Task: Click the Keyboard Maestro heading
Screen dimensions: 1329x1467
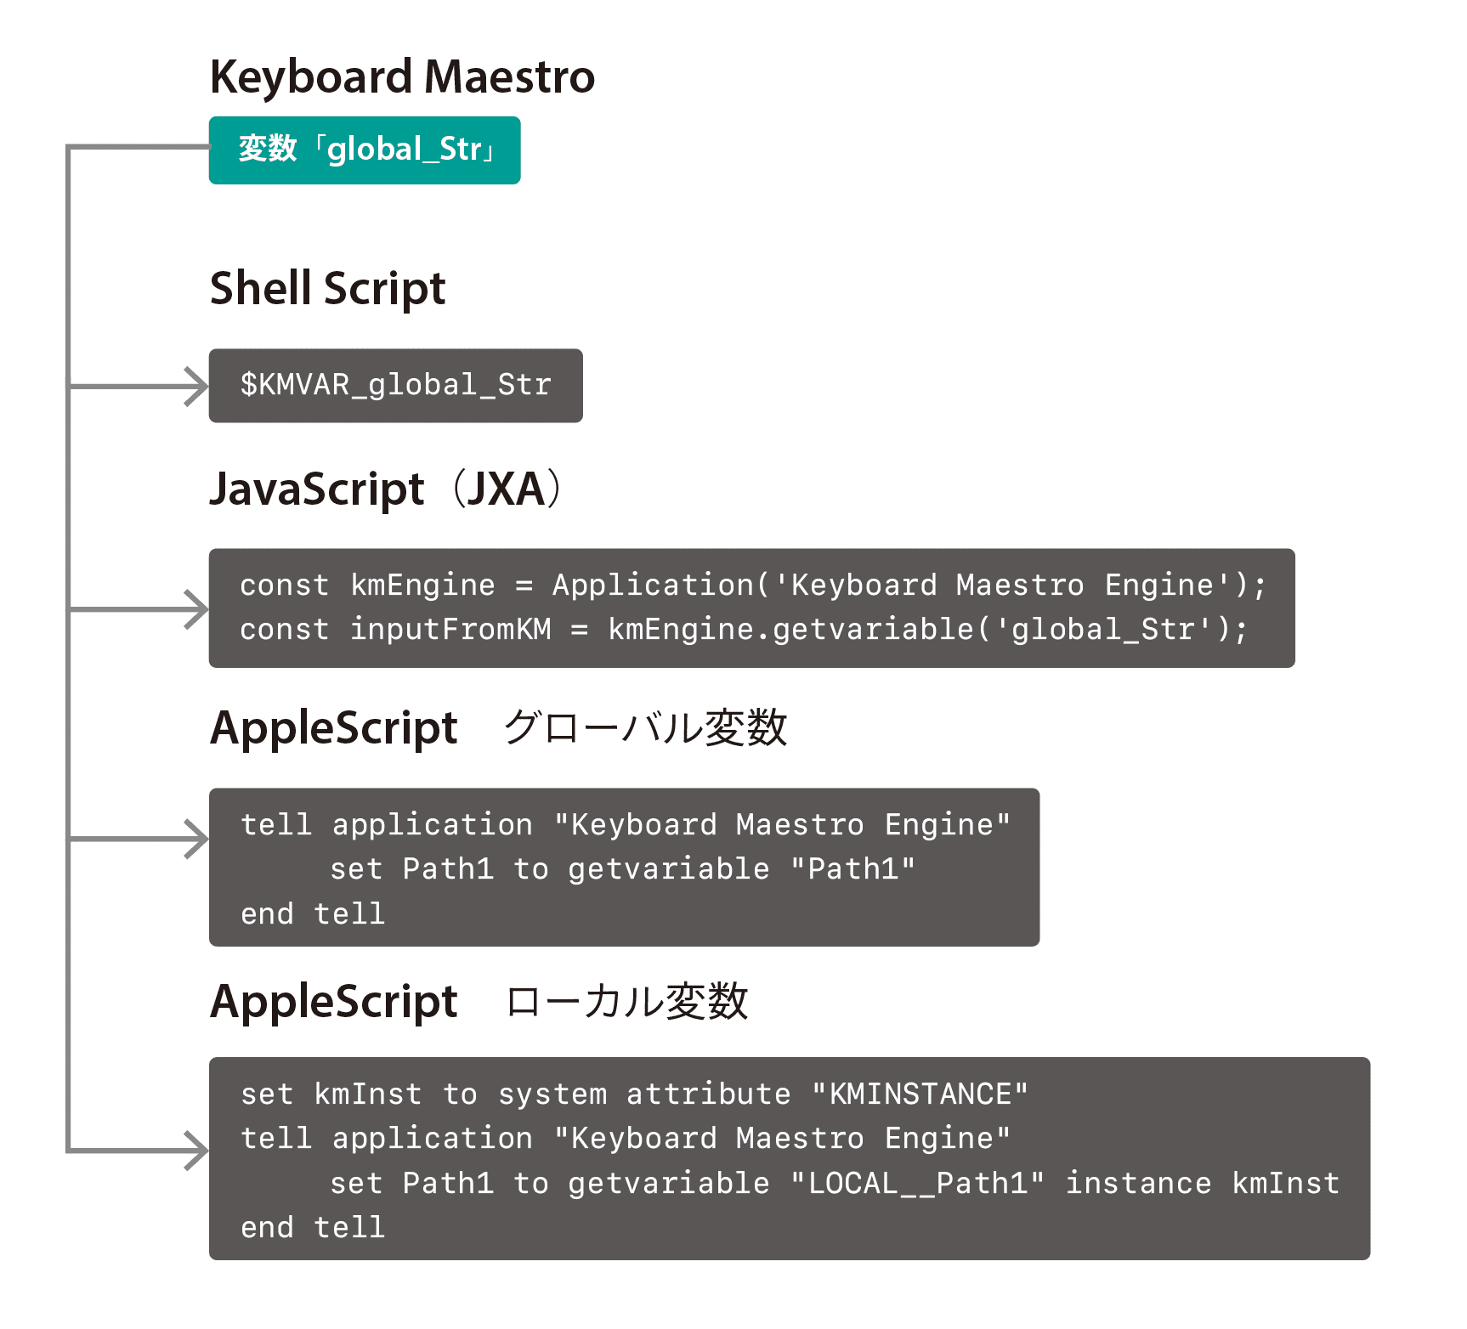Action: point(402,77)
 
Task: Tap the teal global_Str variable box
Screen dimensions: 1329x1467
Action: point(365,150)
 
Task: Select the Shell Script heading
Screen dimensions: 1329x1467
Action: point(327,289)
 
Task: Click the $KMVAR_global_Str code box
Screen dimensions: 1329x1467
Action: point(395,385)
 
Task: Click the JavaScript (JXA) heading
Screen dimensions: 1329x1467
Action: point(387,489)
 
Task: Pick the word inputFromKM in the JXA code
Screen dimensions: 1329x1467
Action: point(450,630)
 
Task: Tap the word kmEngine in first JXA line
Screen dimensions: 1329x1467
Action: point(422,585)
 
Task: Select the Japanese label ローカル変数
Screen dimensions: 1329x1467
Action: point(626,1002)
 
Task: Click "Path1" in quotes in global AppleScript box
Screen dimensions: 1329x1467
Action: point(852,869)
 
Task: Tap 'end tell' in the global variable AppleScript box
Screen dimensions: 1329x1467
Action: point(312,914)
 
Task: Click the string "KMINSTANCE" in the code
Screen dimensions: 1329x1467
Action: point(920,1094)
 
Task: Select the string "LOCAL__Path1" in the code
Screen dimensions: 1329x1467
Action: point(917,1184)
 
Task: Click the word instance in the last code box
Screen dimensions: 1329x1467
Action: point(1138,1184)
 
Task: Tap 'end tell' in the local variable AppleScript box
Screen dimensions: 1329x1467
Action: point(312,1228)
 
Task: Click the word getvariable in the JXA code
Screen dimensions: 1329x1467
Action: point(873,630)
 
